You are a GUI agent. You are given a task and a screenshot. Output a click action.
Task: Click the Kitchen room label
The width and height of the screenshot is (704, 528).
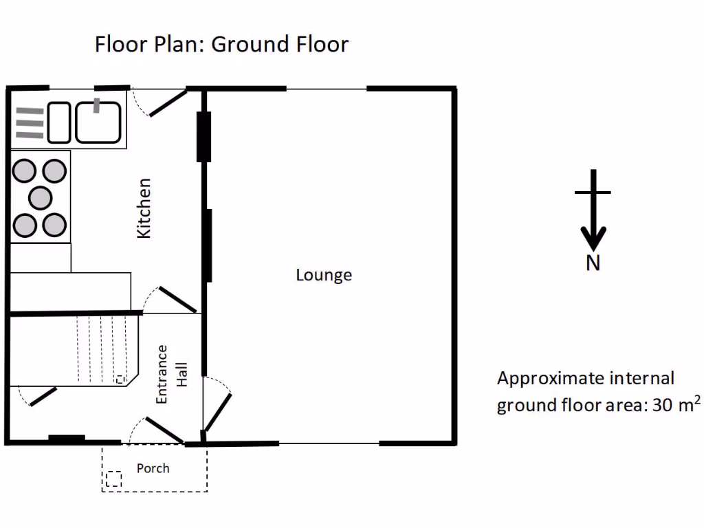coord(144,208)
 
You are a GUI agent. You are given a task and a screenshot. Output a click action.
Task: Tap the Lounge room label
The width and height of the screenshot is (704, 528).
coord(324,275)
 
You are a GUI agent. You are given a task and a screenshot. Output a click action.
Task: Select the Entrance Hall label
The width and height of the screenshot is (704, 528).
coord(171,374)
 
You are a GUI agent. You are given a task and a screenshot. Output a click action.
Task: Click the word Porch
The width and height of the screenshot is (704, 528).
coord(153,468)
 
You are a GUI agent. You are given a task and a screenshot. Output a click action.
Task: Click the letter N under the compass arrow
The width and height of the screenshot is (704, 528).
coord(593,263)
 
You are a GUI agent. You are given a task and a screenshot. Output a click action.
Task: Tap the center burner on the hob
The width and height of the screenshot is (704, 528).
coord(40,197)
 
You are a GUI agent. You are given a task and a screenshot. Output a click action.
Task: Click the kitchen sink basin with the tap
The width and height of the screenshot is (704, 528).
coord(98,122)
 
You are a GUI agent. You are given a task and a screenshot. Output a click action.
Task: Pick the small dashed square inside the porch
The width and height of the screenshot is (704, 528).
coord(114,478)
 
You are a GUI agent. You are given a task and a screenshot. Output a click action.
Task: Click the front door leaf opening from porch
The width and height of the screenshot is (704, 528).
coord(164,430)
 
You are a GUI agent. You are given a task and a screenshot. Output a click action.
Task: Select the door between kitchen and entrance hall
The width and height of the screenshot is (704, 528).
coord(177,300)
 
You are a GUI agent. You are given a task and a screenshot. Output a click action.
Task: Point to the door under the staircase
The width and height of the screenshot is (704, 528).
coord(42,397)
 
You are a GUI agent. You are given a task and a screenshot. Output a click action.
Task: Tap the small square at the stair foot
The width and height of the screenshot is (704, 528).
coord(120,379)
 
